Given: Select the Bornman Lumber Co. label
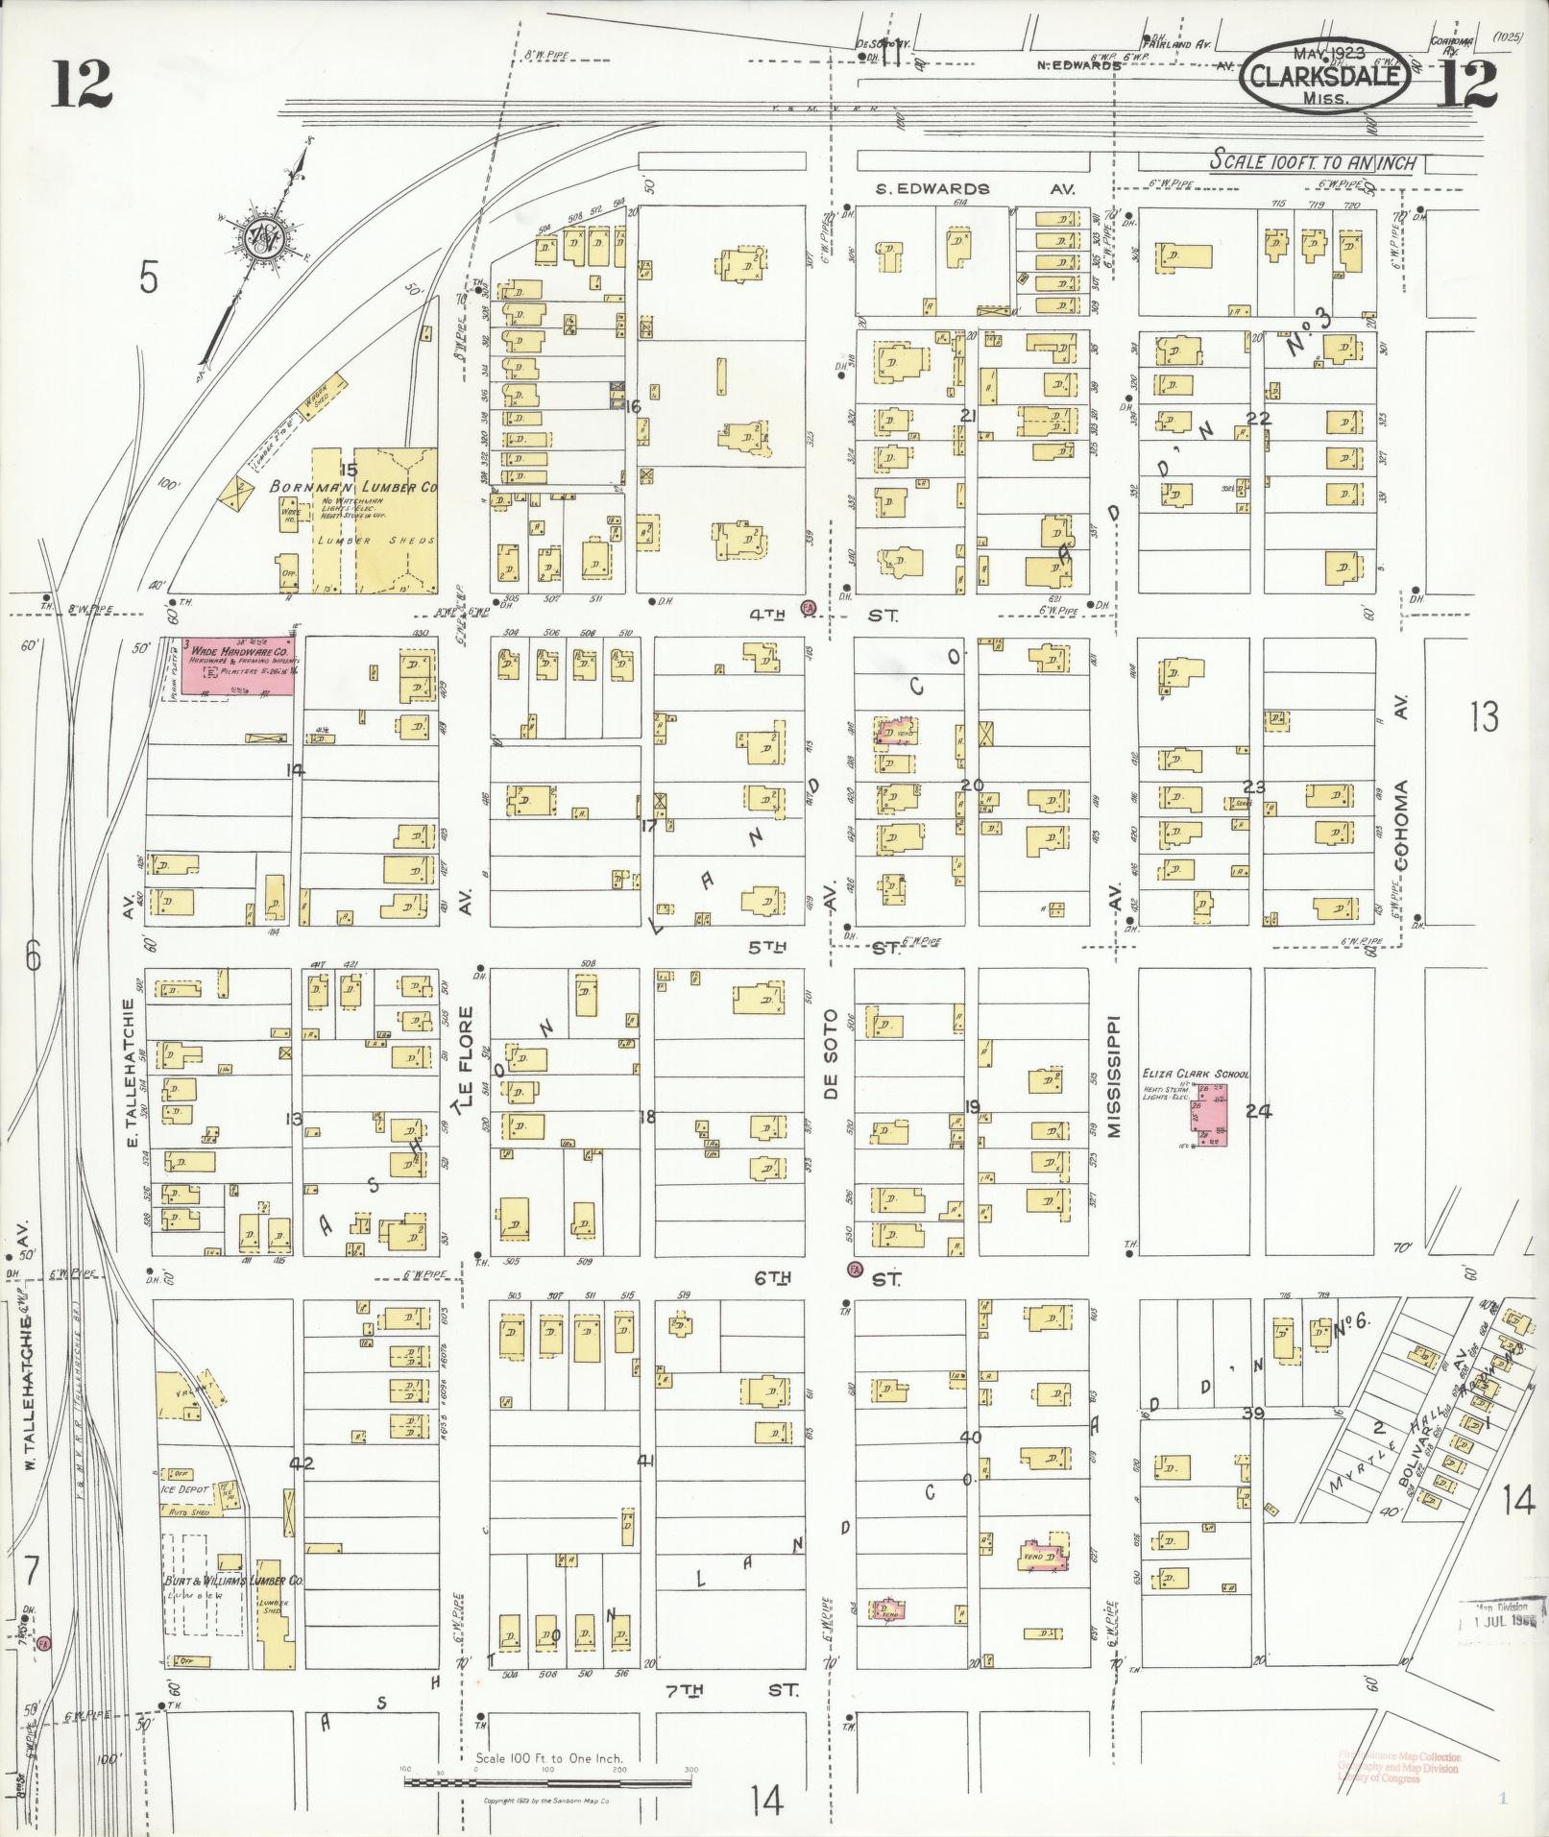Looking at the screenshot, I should pos(352,488).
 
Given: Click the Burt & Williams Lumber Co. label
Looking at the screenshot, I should pos(231,1580).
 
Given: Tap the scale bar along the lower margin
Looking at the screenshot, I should pos(548,1783).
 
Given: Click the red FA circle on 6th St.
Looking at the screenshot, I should pos(854,1269).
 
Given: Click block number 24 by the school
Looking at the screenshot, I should pos(1258,1111).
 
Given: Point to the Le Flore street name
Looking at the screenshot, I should pos(467,1056).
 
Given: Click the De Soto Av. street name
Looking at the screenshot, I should pos(830,1053).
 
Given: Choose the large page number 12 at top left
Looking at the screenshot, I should pos(83,84).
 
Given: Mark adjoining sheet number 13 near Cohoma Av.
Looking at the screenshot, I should pos(1484,716).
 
